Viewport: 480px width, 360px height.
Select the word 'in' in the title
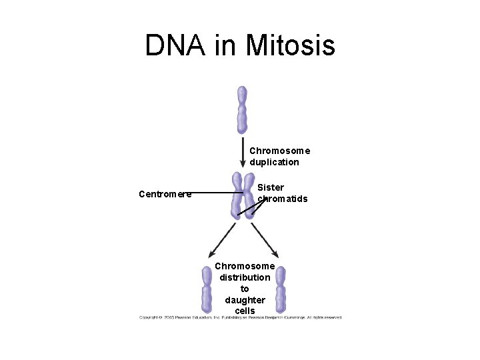click(x=226, y=45)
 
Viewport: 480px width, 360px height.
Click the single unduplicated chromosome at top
click(x=242, y=109)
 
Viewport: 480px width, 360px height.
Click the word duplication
click(x=275, y=162)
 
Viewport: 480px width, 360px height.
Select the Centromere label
click(x=165, y=194)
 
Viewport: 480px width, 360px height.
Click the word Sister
click(x=271, y=187)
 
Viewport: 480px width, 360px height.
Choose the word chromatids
click(x=283, y=199)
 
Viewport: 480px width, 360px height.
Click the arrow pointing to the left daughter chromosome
click(x=222, y=241)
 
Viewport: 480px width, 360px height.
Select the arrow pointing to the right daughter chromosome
click(x=265, y=241)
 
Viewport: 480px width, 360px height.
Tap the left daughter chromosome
click(x=207, y=289)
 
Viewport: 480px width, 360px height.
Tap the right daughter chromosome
click(x=281, y=289)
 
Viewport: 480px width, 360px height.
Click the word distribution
click(x=245, y=277)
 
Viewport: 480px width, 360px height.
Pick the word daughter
click(x=245, y=300)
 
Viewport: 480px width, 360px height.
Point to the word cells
click(x=245, y=311)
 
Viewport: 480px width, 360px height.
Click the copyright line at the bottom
click(x=240, y=317)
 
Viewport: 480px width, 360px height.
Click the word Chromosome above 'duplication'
click(x=280, y=151)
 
